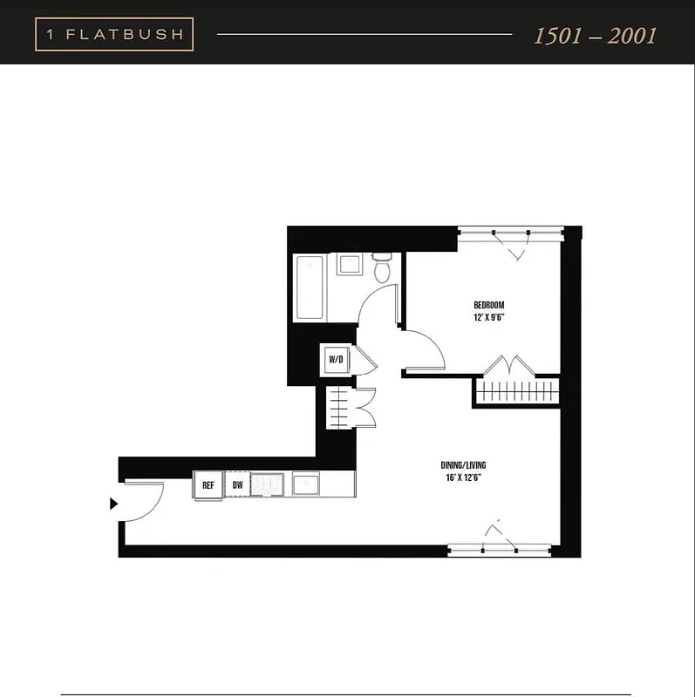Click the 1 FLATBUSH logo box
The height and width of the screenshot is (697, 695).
pyautogui.click(x=114, y=34)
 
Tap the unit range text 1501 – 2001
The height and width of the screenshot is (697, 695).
pyautogui.click(x=595, y=36)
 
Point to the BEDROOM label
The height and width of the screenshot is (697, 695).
pyautogui.click(x=488, y=305)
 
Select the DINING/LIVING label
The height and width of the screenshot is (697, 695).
pyautogui.click(x=463, y=465)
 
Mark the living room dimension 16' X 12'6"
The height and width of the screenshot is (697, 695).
pyautogui.click(x=463, y=477)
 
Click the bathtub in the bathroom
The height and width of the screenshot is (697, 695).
pyautogui.click(x=310, y=288)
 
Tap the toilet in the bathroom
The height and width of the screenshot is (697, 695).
pyautogui.click(x=382, y=267)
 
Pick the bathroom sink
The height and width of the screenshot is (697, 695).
pyautogui.click(x=351, y=264)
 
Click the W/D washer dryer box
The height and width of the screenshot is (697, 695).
pyautogui.click(x=336, y=359)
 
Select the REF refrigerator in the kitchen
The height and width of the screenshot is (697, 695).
pyautogui.click(x=208, y=484)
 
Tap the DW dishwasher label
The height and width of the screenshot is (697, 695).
pyautogui.click(x=237, y=484)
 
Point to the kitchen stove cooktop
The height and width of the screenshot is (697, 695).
pyautogui.click(x=268, y=484)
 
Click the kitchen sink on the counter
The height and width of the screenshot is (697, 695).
pyautogui.click(x=306, y=484)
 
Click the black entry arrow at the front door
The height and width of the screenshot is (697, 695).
pyautogui.click(x=113, y=504)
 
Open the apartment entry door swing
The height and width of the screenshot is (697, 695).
pyautogui.click(x=143, y=502)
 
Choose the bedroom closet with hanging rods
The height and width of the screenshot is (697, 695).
pyautogui.click(x=517, y=389)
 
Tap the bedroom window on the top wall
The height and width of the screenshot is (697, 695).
pyautogui.click(x=510, y=233)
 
